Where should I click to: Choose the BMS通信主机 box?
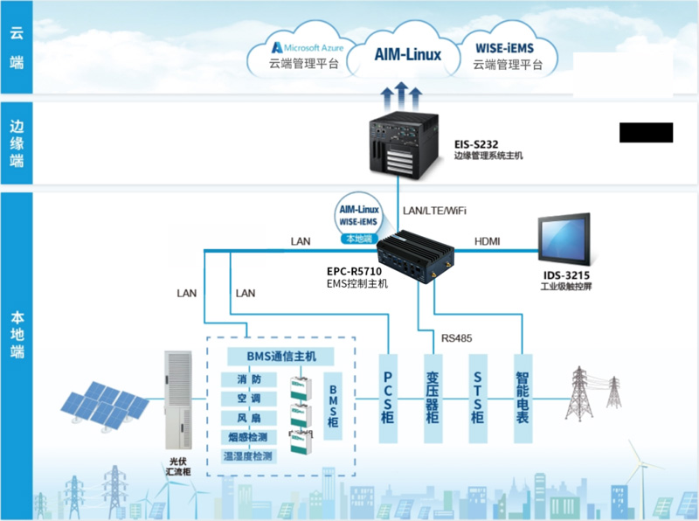tap(280, 357)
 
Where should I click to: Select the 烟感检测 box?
tap(251, 436)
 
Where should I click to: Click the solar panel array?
tap(105, 406)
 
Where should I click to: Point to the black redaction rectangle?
tap(646, 132)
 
